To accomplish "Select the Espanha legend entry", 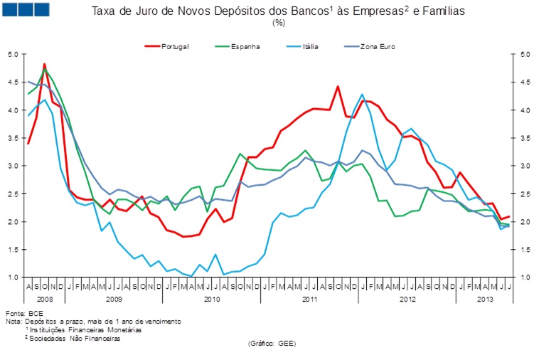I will coord(245,46).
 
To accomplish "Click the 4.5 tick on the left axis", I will coord(14,82).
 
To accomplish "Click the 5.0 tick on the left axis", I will coord(14,54).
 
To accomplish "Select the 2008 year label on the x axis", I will coord(43,299).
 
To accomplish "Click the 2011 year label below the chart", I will coord(309,299).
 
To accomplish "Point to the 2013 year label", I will coord(485,299).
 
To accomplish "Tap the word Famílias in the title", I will coord(419,11).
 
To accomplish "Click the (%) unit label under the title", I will coord(279,23).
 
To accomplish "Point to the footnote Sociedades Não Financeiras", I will coord(75,339).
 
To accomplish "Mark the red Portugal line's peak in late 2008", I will coord(45,64).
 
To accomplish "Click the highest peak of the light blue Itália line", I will coord(362,94).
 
